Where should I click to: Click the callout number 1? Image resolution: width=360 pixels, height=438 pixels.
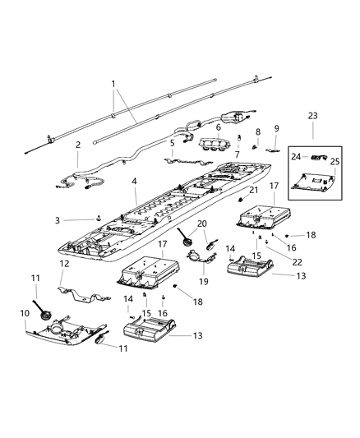click(x=115, y=85)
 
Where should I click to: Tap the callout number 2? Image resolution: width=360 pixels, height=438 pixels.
click(x=78, y=145)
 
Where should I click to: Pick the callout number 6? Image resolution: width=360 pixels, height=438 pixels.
click(x=218, y=127)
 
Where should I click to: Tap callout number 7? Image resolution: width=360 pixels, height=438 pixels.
click(x=238, y=154)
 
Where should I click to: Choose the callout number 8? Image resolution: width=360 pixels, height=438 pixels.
click(x=256, y=131)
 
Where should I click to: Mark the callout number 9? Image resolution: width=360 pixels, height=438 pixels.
click(x=276, y=128)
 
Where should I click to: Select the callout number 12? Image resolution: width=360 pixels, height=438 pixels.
click(x=62, y=264)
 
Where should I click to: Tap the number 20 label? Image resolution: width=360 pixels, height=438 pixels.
click(x=202, y=223)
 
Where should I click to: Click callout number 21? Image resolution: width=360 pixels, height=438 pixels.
click(x=254, y=190)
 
